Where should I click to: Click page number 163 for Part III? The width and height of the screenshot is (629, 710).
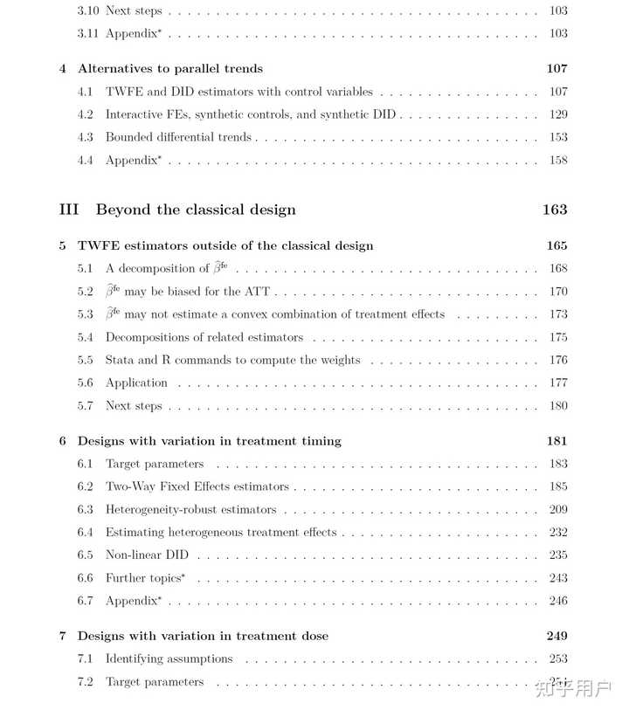554,210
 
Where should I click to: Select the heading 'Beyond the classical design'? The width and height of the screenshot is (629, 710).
196,210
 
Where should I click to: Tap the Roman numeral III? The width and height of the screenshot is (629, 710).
69,210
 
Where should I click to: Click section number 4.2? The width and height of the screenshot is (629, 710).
86,114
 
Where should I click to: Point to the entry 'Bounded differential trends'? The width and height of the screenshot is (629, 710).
178,137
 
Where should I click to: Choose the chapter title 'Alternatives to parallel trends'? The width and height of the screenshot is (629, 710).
170,68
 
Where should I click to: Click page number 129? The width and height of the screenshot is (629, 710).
558,114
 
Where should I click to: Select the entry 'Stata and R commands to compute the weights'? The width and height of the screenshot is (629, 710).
232,360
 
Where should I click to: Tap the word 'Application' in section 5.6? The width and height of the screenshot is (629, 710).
136,383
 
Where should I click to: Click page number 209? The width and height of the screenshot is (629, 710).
558,509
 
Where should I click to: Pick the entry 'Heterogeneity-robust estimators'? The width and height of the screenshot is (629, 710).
190,509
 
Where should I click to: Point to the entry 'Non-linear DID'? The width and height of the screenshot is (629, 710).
147,555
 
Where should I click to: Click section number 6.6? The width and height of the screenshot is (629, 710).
86,577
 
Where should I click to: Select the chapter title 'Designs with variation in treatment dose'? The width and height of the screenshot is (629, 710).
203,636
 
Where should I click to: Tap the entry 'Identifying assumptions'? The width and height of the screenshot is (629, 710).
169,658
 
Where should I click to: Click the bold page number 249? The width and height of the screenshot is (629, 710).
556,636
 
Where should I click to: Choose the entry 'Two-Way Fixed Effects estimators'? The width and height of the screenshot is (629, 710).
197,486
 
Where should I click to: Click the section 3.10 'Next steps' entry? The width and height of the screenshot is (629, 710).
134,10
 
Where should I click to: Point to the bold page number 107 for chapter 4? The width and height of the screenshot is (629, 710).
556,68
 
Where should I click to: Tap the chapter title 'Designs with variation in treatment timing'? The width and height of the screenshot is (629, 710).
209,441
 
